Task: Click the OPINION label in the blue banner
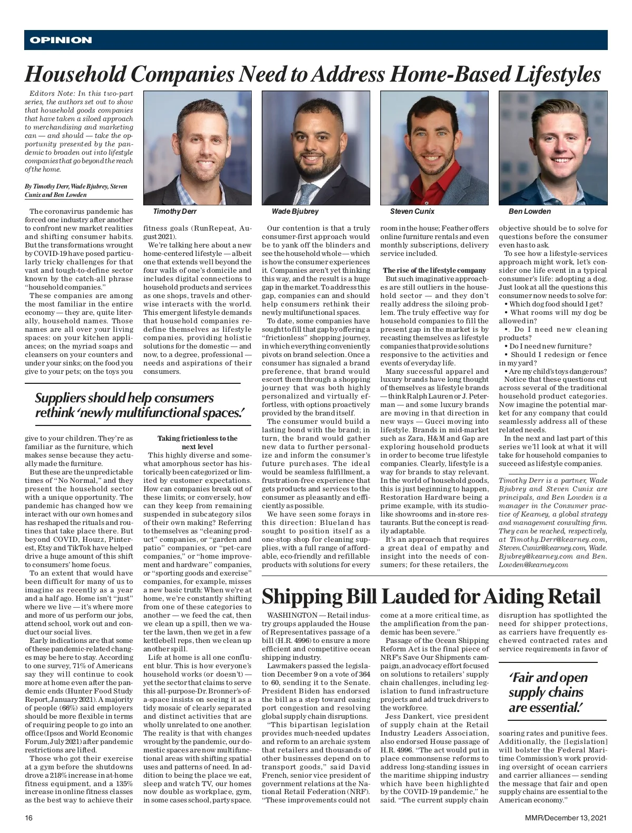coord(61,40)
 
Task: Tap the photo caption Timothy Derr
coord(175,212)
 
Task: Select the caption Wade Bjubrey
coord(295,212)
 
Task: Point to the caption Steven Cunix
coord(412,212)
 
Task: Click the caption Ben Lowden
coord(530,212)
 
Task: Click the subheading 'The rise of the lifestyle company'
coord(434,271)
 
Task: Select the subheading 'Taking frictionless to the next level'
coord(197,442)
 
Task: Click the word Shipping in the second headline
coord(302,597)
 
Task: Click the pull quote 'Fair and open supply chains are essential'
coord(548,692)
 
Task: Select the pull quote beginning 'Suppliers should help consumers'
coord(140,405)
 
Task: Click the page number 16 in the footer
coord(29,818)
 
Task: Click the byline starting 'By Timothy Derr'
coord(76,191)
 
